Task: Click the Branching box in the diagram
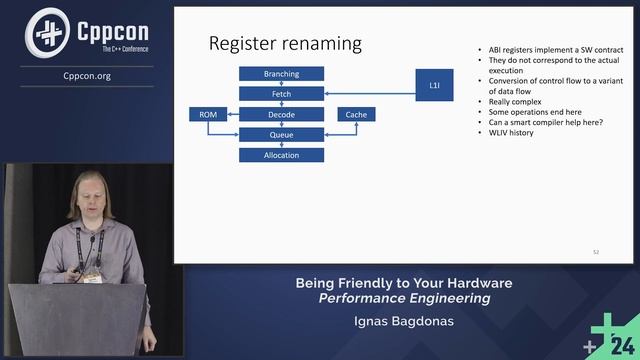point(282,74)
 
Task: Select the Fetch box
point(282,94)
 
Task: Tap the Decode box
point(282,115)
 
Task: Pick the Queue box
point(282,135)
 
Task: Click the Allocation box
point(282,155)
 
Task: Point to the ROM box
point(208,115)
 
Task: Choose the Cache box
point(356,115)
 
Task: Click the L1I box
point(434,85)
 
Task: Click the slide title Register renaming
point(284,44)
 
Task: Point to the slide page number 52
point(596,251)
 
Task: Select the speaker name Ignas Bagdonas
point(403,322)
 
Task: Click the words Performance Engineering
point(404,298)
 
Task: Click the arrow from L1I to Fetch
point(371,97)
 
